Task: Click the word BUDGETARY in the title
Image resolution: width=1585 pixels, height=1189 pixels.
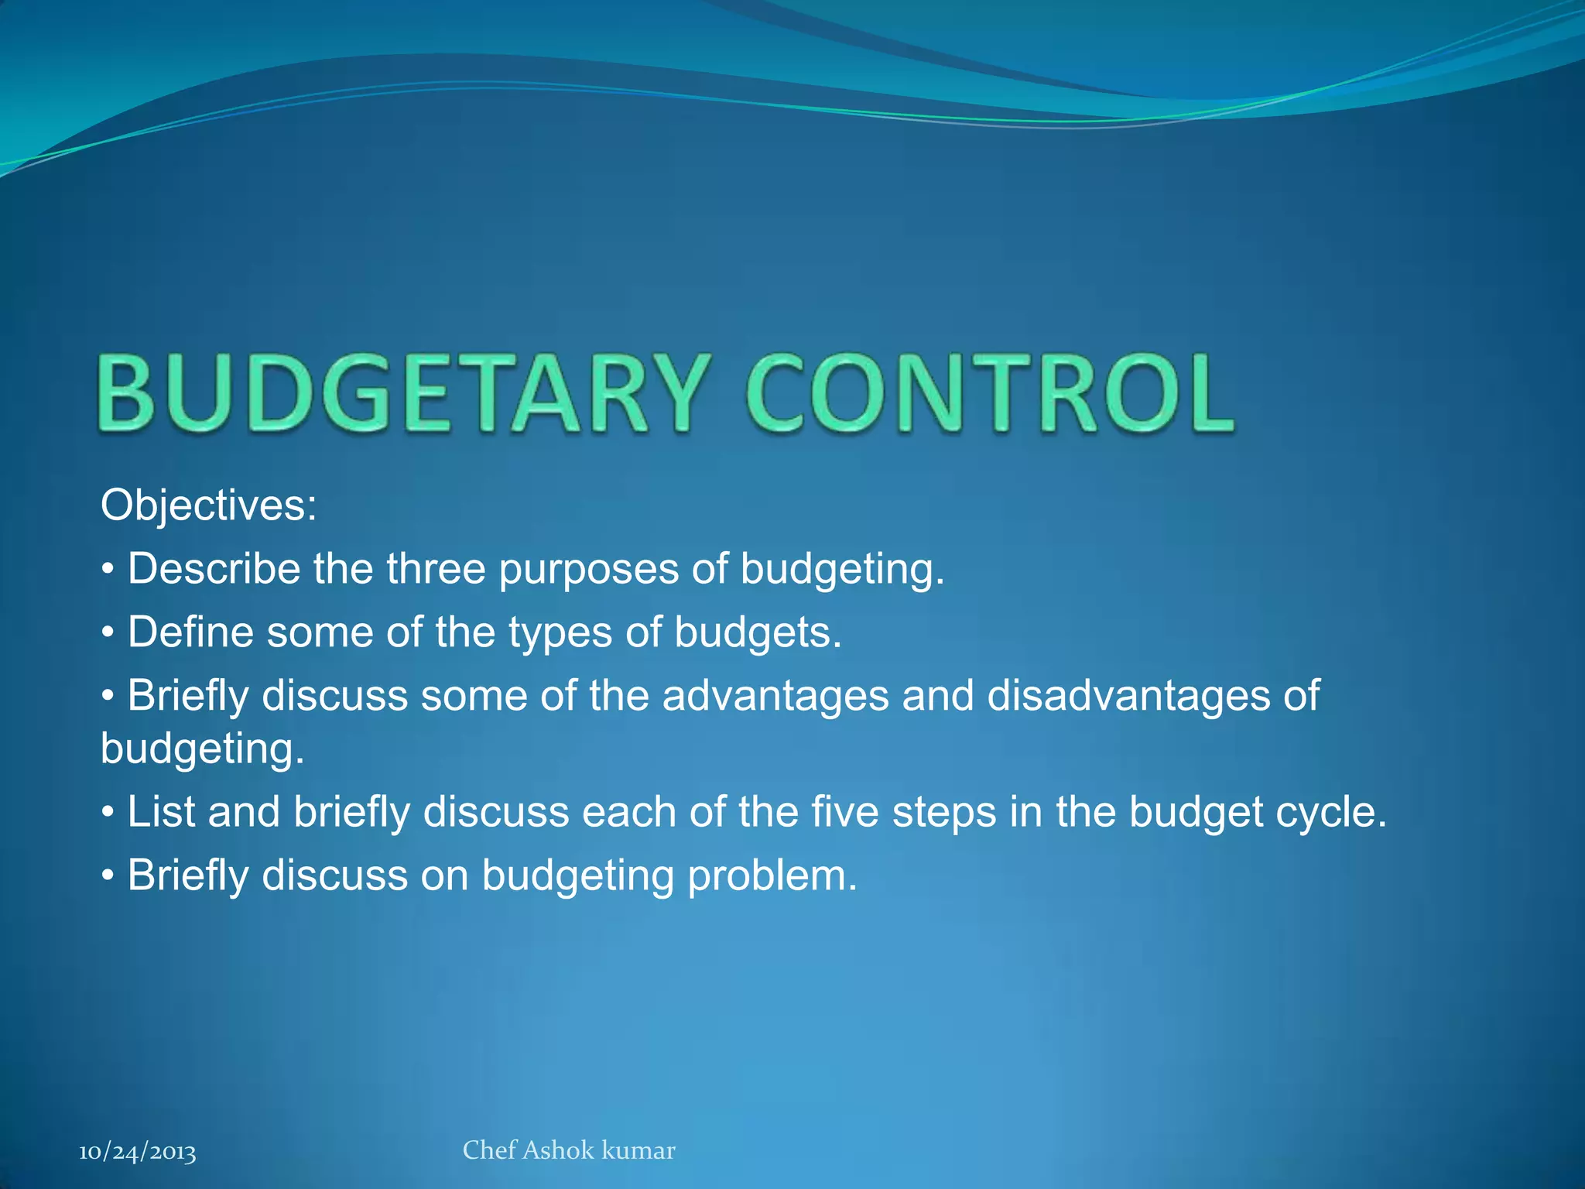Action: (402, 392)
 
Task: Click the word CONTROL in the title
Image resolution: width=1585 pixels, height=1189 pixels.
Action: (989, 392)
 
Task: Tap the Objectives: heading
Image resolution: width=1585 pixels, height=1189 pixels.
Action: (208, 505)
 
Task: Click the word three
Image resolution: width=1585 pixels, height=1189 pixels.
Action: (436, 569)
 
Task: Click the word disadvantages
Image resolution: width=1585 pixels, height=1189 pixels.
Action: (1128, 696)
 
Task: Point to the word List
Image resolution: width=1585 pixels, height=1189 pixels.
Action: (160, 813)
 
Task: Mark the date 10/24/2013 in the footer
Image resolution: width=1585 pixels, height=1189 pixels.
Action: (138, 1153)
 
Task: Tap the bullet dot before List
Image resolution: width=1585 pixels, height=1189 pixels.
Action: (108, 814)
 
